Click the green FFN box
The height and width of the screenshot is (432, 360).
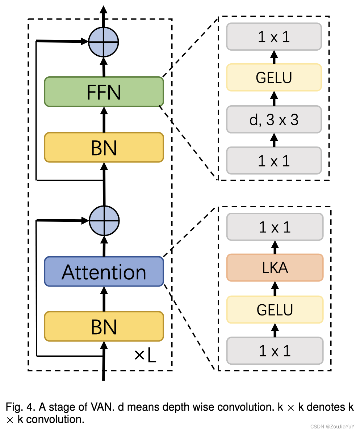pyautogui.click(x=104, y=92)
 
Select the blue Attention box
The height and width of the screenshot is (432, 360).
pyautogui.click(x=104, y=272)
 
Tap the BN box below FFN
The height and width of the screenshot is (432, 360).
pyautogui.click(x=104, y=147)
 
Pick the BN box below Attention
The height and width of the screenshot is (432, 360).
pyautogui.click(x=104, y=326)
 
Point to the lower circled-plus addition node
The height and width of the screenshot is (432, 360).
pyautogui.click(x=104, y=221)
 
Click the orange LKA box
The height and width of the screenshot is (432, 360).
pyautogui.click(x=275, y=268)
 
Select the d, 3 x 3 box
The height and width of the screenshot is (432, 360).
pyautogui.click(x=274, y=119)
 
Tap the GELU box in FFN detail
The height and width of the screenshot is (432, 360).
pyautogui.click(x=274, y=77)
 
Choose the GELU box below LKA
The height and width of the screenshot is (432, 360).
pyautogui.click(x=275, y=309)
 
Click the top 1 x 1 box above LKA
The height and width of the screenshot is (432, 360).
pyautogui.click(x=275, y=227)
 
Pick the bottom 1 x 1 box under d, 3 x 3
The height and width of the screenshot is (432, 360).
pyautogui.click(x=274, y=160)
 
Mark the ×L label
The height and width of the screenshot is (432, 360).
pyautogui.click(x=145, y=356)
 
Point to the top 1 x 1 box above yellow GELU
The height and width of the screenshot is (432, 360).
pyautogui.click(x=274, y=37)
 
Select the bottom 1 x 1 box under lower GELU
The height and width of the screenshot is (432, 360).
pyautogui.click(x=275, y=351)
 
